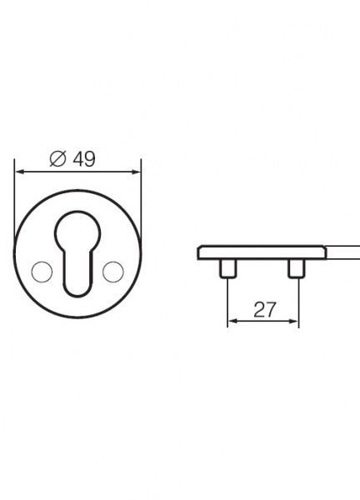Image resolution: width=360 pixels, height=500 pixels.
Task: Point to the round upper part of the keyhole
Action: click(76, 232)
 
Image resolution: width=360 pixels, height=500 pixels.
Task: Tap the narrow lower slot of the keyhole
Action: click(76, 275)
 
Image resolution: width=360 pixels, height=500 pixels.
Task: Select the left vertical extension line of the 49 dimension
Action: click(15, 200)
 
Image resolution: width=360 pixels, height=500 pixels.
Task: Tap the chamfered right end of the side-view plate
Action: click(323, 252)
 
